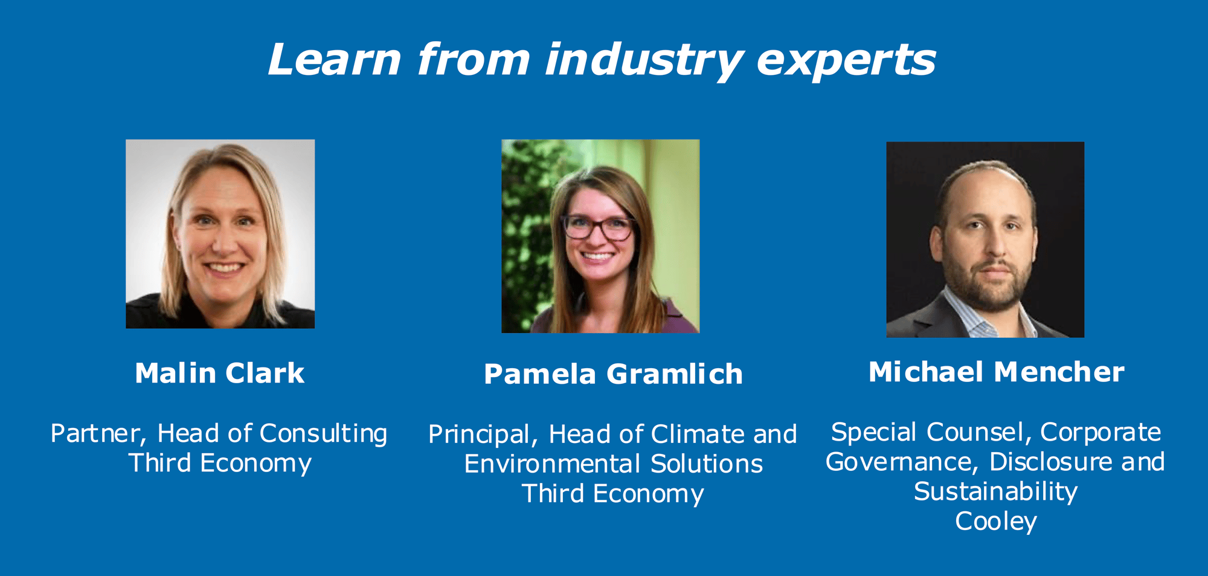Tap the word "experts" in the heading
(x=846, y=61)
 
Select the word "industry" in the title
(x=643, y=61)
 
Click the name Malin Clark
(x=220, y=373)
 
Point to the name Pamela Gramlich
(x=613, y=374)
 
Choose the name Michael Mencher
(x=996, y=372)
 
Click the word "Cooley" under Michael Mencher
(x=996, y=521)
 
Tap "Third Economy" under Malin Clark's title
(x=220, y=463)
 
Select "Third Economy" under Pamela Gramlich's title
(x=613, y=494)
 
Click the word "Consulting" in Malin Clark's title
(x=323, y=434)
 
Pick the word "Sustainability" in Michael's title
(x=996, y=491)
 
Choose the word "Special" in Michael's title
(x=874, y=432)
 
